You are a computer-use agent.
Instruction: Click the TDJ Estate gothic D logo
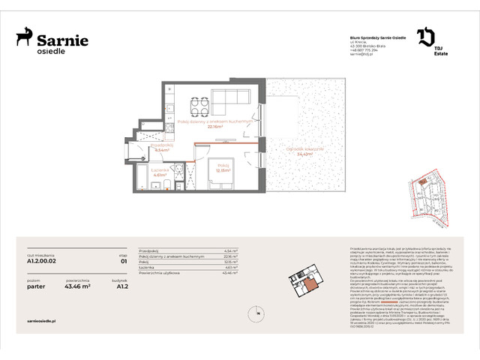coord(424,35)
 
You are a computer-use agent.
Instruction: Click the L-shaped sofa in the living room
coord(229,100)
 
